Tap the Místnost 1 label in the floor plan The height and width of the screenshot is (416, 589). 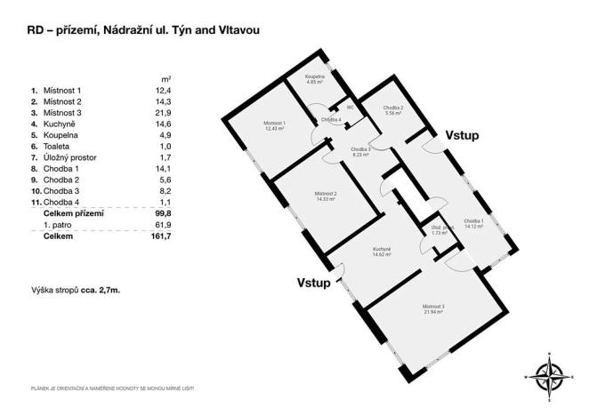pyautogui.click(x=273, y=125)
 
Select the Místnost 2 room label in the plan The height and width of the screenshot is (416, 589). pyautogui.click(x=325, y=196)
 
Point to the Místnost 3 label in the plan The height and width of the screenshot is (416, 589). pyautogui.click(x=433, y=309)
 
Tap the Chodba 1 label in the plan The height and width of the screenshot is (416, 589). pyautogui.click(x=472, y=223)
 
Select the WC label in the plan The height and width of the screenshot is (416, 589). pyautogui.click(x=351, y=108)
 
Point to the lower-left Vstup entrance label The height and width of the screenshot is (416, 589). pyautogui.click(x=314, y=284)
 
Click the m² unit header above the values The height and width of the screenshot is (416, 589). pyautogui.click(x=166, y=78)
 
